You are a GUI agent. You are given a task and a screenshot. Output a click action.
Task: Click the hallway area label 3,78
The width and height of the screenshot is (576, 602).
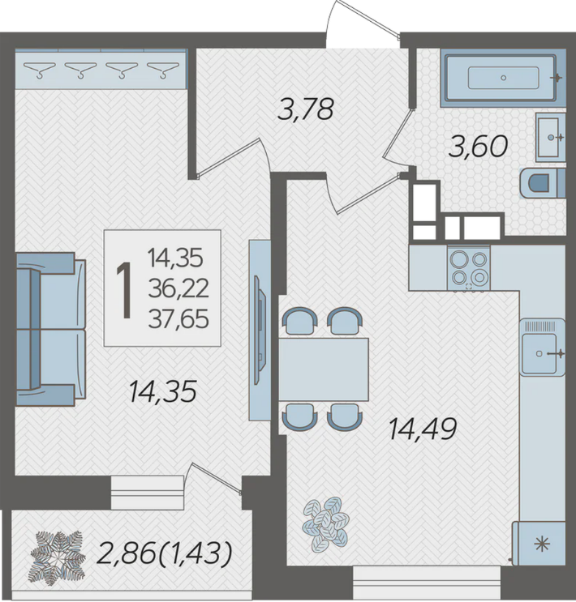tap(305, 109)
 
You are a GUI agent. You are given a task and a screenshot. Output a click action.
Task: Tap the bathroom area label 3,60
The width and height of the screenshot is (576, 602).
tap(479, 147)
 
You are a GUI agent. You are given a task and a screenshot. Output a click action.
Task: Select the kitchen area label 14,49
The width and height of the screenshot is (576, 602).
tap(423, 429)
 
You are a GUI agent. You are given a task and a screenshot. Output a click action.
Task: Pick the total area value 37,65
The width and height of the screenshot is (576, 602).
tap(178, 319)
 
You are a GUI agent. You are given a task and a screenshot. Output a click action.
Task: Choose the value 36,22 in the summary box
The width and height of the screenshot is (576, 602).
tap(178, 288)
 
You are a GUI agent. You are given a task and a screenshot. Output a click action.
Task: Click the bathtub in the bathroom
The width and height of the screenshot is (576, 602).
tap(503, 78)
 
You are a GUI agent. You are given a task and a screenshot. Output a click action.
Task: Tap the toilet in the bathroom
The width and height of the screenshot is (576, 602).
tap(542, 183)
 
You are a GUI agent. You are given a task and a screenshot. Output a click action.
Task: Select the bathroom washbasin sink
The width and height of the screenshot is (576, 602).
tap(550, 137)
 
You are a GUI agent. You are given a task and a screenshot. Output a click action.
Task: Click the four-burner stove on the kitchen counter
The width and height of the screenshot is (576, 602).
tap(468, 267)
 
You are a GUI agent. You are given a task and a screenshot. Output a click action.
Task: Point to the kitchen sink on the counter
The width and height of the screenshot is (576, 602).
tap(543, 347)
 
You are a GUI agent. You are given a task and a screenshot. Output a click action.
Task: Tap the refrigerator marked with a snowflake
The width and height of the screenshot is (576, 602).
tap(539, 544)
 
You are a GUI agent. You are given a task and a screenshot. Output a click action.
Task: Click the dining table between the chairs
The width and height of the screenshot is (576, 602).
tap(323, 369)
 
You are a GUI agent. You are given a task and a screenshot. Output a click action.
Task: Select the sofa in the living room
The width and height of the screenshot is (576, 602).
tap(50, 329)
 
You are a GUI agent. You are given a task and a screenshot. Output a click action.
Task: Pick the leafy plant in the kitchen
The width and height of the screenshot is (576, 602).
tap(325, 524)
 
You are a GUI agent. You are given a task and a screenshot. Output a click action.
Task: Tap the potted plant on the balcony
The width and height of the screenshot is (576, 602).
tap(58, 557)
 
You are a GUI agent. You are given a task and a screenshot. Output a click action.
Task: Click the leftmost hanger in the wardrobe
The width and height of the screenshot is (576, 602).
tap(39, 70)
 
